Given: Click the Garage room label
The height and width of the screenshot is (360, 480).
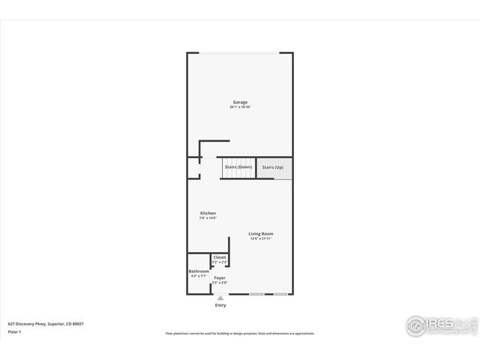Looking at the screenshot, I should [240, 102].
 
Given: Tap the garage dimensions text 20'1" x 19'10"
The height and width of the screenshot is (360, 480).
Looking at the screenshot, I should [240, 107].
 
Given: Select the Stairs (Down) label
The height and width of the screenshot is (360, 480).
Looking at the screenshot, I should [238, 166].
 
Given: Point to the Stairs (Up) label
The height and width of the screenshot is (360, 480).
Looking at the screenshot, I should [273, 166].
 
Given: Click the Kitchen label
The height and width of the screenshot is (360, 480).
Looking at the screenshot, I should [208, 213].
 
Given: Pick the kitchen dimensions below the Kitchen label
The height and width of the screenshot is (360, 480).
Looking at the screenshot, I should [208, 218].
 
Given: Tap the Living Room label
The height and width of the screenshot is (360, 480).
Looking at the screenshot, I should [261, 233].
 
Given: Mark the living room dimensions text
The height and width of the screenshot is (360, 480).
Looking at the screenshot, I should [261, 238].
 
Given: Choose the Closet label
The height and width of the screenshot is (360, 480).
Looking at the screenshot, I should [220, 256].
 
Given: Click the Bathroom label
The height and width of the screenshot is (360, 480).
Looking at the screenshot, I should [199, 271].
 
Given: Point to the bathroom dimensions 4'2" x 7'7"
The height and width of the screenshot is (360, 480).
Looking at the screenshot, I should [199, 276].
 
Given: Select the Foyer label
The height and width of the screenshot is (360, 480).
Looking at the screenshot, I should [220, 277].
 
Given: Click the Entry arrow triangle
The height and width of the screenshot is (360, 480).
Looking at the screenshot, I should [220, 298].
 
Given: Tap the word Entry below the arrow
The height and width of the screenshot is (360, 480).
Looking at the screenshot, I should [220, 305].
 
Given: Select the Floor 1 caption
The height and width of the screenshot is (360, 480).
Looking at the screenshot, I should [14, 331].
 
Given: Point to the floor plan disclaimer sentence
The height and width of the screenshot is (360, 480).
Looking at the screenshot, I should [240, 333].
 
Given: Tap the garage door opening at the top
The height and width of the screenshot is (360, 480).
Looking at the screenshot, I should [240, 52].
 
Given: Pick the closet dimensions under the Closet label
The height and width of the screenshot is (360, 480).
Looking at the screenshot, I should [220, 262].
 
